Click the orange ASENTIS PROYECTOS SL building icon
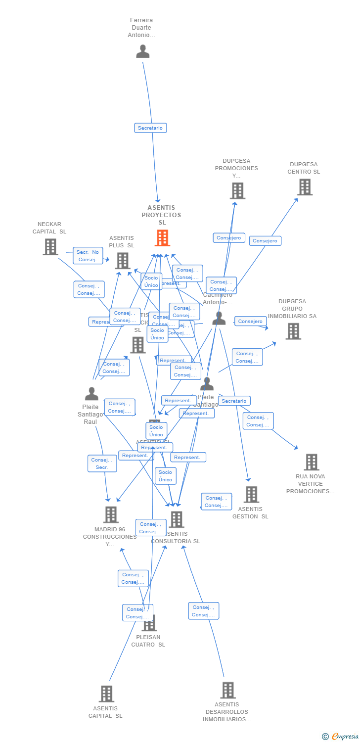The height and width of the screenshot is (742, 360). click(x=162, y=238)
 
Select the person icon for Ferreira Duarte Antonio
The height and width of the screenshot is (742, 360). click(x=143, y=51)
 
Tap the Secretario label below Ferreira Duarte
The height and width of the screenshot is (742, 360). click(x=150, y=128)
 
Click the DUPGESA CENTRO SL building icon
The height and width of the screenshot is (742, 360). click(x=305, y=187)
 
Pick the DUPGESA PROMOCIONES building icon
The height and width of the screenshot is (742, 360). click(x=237, y=191)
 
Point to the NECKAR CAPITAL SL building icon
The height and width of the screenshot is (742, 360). click(x=50, y=247)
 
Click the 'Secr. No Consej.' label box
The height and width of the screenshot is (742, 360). click(x=88, y=256)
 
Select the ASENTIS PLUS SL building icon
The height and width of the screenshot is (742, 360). click(x=123, y=261)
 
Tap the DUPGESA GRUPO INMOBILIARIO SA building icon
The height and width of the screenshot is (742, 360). click(x=293, y=331)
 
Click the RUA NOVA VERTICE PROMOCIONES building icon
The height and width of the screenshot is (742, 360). click(x=311, y=462)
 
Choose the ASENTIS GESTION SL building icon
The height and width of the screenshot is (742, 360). click(x=251, y=494)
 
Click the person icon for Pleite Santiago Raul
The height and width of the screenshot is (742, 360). click(x=91, y=394)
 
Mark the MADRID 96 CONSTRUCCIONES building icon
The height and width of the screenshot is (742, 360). click(x=111, y=514)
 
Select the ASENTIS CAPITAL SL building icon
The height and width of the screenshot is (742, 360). click(x=106, y=694)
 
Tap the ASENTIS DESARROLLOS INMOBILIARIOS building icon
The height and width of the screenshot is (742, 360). click(x=227, y=690)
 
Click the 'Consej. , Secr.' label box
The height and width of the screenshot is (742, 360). click(x=102, y=464)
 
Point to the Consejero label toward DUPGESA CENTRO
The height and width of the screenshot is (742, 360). click(x=265, y=241)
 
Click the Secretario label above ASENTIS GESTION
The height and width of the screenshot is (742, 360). click(x=234, y=401)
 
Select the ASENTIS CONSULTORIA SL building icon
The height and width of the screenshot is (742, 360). click(x=177, y=519)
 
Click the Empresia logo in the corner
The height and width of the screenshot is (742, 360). click(x=341, y=737)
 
